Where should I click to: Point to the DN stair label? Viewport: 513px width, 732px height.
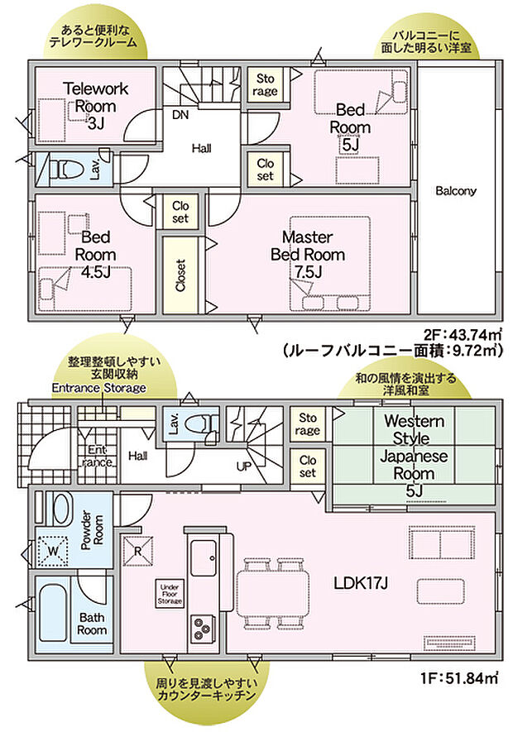(180, 116)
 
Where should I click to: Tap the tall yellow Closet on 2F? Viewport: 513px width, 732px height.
(181, 275)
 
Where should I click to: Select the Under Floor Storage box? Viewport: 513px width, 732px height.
(170, 594)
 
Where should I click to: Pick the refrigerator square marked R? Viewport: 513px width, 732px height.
(137, 548)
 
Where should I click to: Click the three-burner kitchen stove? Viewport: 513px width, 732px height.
(203, 629)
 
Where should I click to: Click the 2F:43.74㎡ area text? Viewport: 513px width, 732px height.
(463, 335)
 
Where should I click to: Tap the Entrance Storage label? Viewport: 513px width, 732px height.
(98, 387)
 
